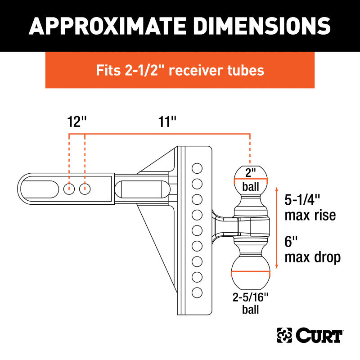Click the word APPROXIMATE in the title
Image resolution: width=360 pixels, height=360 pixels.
pos(108,26)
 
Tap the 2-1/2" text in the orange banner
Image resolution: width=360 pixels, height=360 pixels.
pos(142,70)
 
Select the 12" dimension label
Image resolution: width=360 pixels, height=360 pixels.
pos(76,122)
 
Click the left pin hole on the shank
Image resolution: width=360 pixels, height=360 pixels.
pos(68,189)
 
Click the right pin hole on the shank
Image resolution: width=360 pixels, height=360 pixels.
pos(85,189)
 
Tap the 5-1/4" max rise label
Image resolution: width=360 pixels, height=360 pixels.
pos(310,207)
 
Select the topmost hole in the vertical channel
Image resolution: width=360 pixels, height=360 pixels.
pos(197,169)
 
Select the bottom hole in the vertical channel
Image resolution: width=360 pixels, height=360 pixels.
pos(197,292)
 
